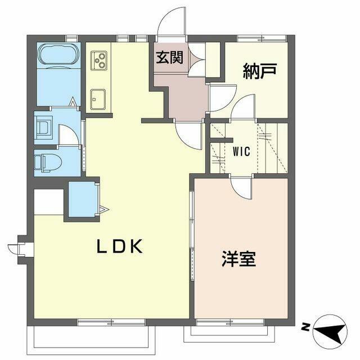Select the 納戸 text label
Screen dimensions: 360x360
click(x=259, y=71)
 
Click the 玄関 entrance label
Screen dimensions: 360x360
click(x=169, y=58)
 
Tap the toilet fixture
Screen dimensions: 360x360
click(x=46, y=162)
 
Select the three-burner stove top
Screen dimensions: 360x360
click(x=100, y=58)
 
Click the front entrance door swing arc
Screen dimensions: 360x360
click(x=171, y=21)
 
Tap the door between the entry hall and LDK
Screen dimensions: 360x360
click(x=189, y=135)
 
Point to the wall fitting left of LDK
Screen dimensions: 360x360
click(x=17, y=247)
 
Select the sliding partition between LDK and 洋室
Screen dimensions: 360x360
click(x=192, y=247)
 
